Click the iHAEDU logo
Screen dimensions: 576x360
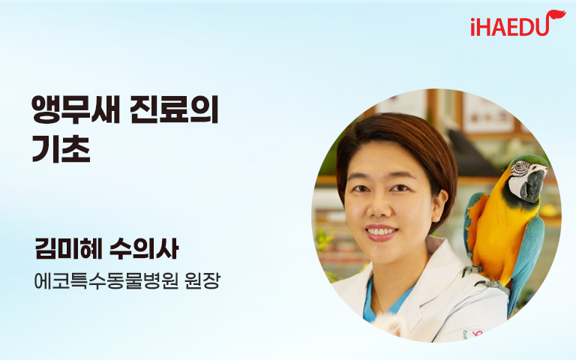pos(517,24)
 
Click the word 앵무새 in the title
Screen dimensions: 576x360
pos(76,109)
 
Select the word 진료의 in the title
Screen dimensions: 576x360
pos(175,109)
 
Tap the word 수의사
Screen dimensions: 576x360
pos(144,249)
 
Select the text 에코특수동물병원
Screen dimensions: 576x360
pos(106,281)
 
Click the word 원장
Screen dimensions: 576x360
pos(202,281)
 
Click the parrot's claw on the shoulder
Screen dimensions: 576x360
pos(494,286)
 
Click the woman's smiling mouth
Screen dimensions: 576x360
pos(381,233)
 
